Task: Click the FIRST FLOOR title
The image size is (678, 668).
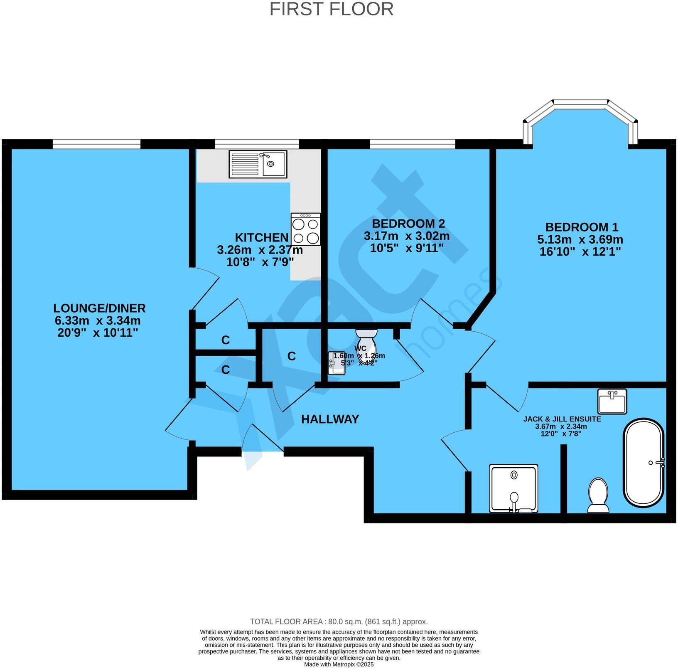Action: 331,9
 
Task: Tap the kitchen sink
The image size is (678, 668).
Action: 258,164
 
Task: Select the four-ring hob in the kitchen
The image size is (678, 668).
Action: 306,229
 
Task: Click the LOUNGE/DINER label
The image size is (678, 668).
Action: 99,308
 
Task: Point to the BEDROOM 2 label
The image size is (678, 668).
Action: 408,224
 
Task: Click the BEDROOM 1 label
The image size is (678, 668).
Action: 581,227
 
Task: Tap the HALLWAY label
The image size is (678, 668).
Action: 330,419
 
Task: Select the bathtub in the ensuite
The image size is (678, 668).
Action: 644,463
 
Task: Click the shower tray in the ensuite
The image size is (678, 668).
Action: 514,488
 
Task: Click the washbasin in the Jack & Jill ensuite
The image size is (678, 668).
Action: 612,402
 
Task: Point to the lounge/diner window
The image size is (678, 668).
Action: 96,144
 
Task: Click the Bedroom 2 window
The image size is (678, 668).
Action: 412,144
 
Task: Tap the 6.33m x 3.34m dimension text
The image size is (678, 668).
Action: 98,321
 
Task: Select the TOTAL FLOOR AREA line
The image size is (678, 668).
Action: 339,622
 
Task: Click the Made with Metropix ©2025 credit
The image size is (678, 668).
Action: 339,664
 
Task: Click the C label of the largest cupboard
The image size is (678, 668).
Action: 292,356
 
